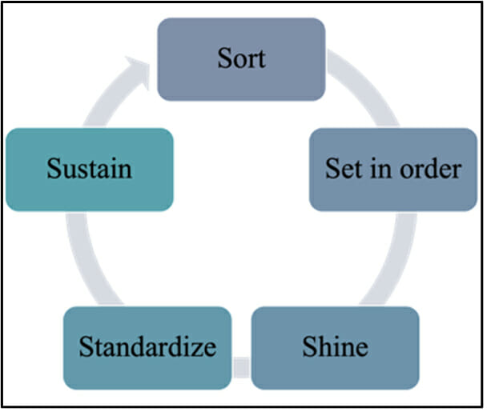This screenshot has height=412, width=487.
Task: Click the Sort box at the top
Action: (x=240, y=59)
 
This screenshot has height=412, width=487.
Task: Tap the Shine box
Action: (x=335, y=347)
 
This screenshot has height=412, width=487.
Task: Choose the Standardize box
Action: (x=147, y=347)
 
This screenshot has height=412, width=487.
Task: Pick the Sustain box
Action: (x=89, y=170)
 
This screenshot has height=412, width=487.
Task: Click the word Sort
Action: (x=240, y=58)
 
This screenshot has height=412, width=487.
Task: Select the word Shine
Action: (x=335, y=347)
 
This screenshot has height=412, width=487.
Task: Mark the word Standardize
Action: (x=147, y=347)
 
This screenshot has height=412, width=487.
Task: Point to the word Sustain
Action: (x=89, y=170)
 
